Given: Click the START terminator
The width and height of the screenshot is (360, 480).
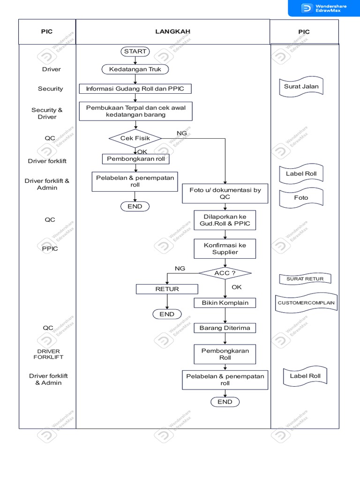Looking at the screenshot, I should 135,52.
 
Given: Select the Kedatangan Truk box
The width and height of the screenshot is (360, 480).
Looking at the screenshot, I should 135,69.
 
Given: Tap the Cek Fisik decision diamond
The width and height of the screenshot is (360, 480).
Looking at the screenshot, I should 135,138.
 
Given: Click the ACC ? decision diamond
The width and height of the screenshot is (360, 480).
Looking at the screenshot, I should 225,273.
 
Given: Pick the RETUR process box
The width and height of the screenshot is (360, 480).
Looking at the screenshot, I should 167,289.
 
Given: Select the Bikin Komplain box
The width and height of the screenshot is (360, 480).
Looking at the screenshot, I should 225,303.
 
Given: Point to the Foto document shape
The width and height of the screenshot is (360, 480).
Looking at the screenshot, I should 301,198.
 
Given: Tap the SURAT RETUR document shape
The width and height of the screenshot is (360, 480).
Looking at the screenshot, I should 305,279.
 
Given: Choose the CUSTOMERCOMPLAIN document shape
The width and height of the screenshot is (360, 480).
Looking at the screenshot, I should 306,303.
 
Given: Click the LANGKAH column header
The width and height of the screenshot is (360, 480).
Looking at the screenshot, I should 173,32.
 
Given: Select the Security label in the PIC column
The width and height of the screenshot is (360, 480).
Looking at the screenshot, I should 51,89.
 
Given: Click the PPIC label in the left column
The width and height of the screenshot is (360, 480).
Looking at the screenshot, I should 50,248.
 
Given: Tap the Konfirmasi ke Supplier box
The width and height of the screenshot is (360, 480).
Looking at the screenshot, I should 225,248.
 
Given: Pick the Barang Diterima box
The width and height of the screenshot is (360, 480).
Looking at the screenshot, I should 225,328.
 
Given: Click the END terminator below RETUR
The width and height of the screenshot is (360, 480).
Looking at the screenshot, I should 167,315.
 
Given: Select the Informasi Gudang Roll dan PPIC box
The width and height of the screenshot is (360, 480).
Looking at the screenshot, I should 135,89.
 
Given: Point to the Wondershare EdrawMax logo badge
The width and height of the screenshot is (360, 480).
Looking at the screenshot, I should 323,8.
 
